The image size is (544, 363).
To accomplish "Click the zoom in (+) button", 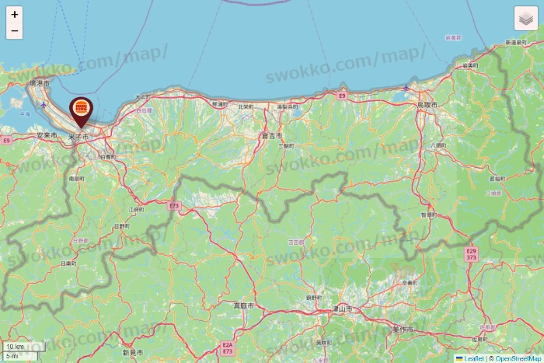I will pyautogui.click(x=14, y=14).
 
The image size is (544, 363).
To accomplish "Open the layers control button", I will pyautogui.click(x=526, y=19).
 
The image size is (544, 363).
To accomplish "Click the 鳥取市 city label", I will pyautogui.click(x=427, y=104).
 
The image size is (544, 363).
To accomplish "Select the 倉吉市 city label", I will pyautogui.click(x=271, y=135).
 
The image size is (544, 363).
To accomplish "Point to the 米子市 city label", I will pyautogui.click(x=78, y=137).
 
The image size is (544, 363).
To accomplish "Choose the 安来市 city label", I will pyautogui.click(x=47, y=135).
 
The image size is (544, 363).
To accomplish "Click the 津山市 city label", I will pyautogui.click(x=343, y=309).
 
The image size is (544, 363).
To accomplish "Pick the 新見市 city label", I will pyautogui.click(x=133, y=352).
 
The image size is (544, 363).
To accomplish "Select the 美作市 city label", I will pyautogui.click(x=402, y=330).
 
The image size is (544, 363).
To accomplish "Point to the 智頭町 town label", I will pyautogui.click(x=428, y=214).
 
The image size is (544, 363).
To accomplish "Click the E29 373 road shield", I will pyautogui.click(x=471, y=255).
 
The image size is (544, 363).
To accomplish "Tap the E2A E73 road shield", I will pyautogui.click(x=227, y=347).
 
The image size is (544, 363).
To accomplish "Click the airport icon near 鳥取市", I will pyautogui.click(x=406, y=88).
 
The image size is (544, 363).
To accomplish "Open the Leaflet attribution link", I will pyautogui.click(x=472, y=358).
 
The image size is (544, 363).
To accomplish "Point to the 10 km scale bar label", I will pyautogui.click(x=15, y=347).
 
